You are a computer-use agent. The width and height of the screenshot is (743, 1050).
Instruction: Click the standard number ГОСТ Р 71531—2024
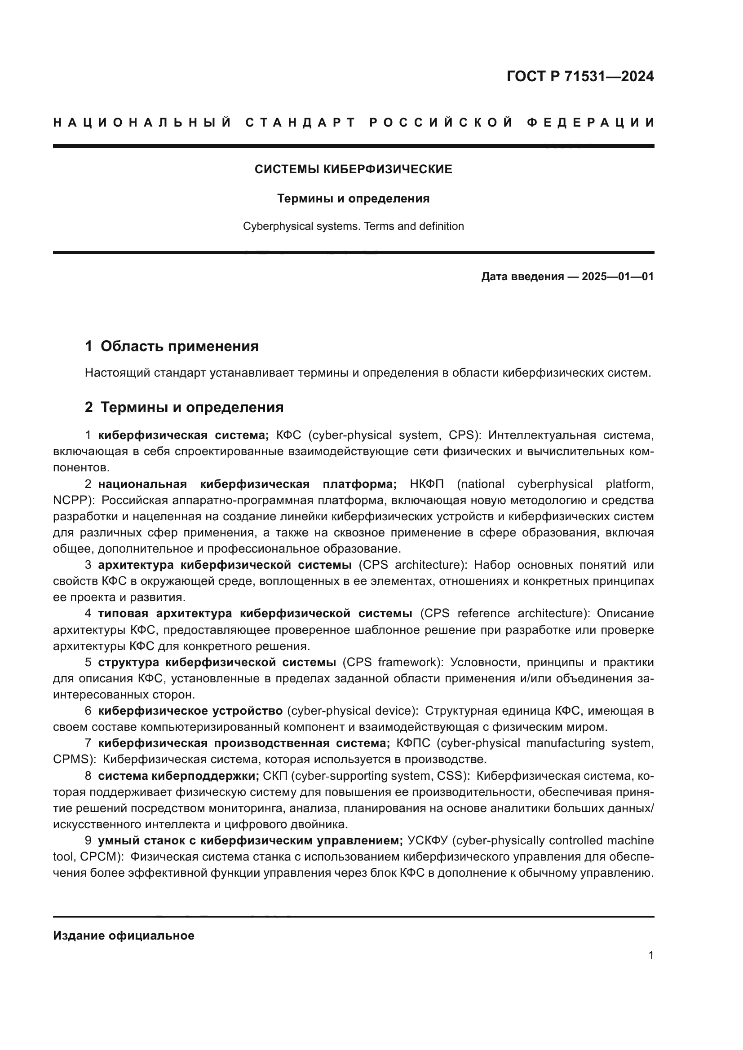pyautogui.click(x=580, y=76)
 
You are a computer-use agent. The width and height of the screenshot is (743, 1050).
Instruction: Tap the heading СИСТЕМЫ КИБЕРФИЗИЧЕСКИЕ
pyautogui.click(x=353, y=170)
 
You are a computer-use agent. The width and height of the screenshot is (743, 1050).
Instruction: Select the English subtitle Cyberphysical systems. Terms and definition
pyautogui.click(x=353, y=226)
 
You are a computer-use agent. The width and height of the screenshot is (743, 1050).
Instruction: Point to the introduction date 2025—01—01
pyautogui.click(x=617, y=277)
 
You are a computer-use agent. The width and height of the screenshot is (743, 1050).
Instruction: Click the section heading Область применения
pyautogui.click(x=179, y=346)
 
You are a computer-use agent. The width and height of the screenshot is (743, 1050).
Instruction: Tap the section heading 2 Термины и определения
pyautogui.click(x=184, y=407)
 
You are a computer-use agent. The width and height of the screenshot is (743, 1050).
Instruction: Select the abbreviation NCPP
pyautogui.click(x=69, y=500)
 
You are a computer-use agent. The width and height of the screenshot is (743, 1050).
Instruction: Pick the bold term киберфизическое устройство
pyautogui.click(x=190, y=711)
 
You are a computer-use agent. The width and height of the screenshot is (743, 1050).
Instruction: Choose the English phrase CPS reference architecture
pyautogui.click(x=503, y=613)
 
